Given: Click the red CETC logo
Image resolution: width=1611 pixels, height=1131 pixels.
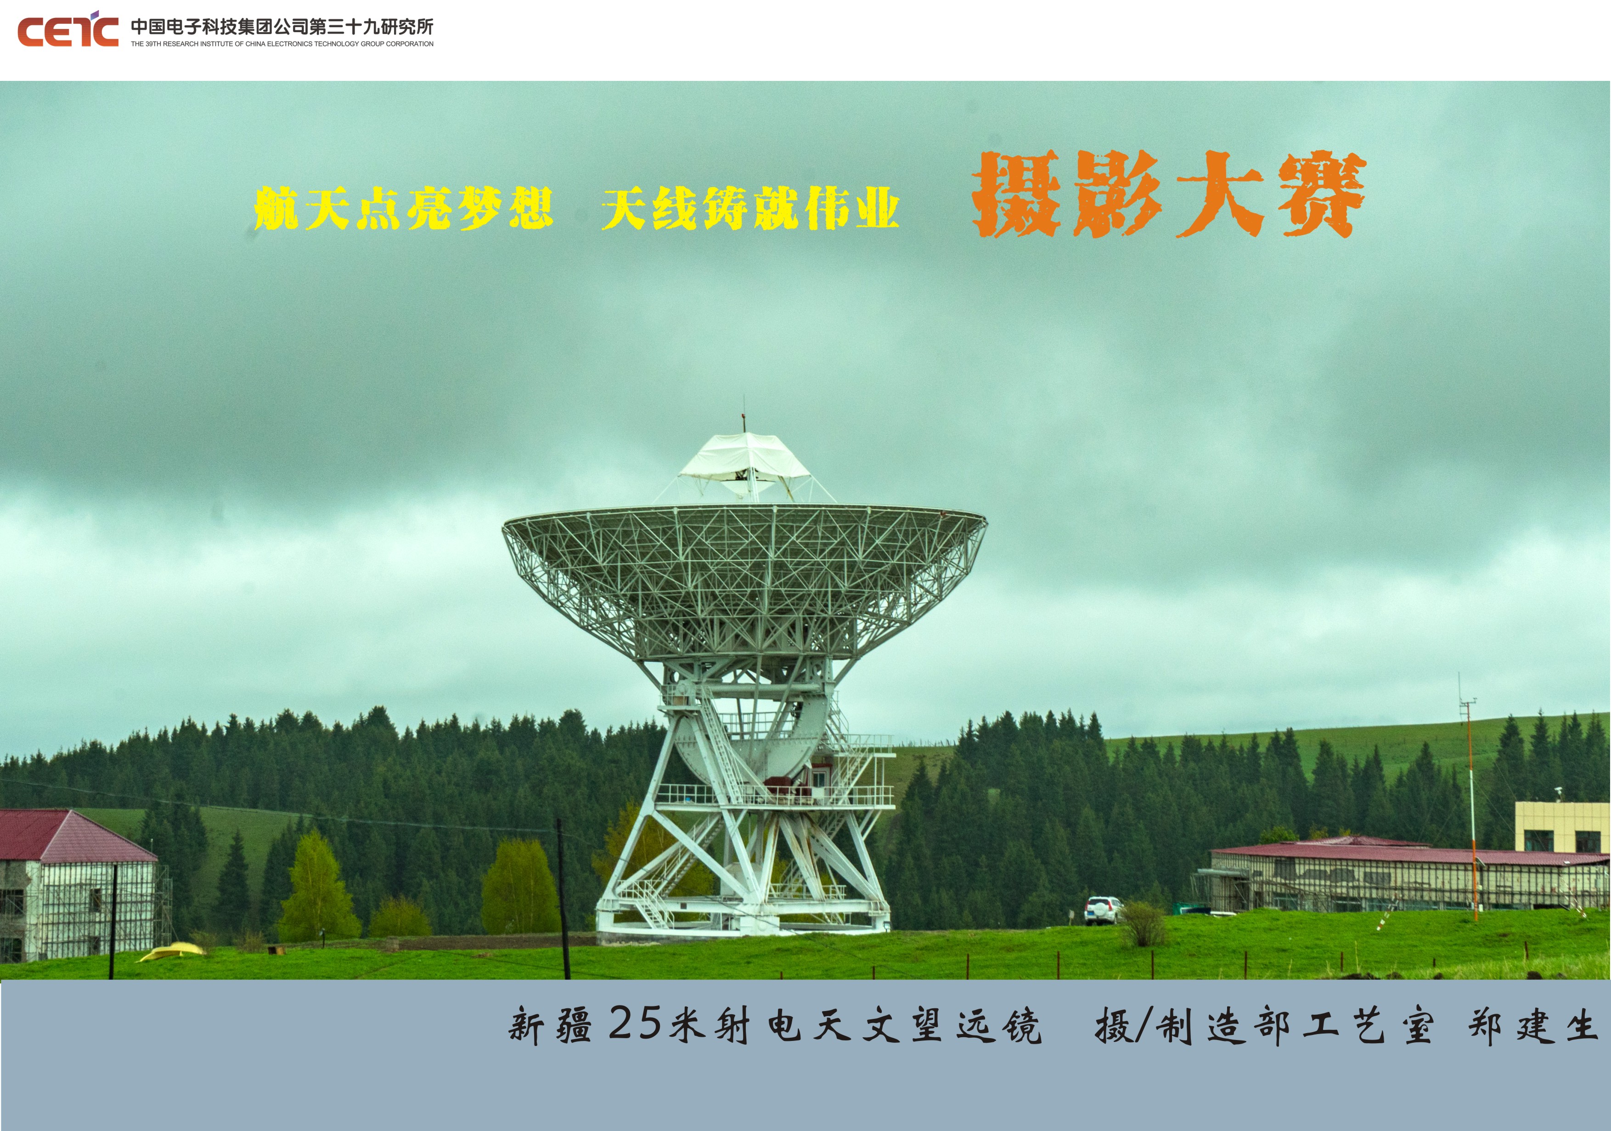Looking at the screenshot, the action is tap(68, 29).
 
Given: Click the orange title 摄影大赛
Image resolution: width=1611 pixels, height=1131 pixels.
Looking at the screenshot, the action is tap(1168, 194).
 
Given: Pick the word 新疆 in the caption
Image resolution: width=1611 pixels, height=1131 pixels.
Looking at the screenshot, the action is tap(550, 1026).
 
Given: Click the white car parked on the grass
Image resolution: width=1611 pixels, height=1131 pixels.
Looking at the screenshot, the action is tap(1102, 910).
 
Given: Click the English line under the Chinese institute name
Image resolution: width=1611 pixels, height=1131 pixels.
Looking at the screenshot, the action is tap(282, 44).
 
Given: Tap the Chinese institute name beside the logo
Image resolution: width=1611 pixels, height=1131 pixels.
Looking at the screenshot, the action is tap(282, 27).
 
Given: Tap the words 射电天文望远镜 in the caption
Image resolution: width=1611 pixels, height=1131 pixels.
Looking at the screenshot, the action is tap(878, 1026).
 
